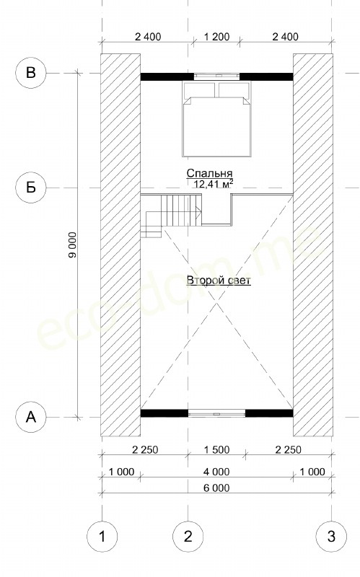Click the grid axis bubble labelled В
[x=31, y=73]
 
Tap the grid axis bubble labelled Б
[x=31, y=188]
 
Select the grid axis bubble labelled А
[x=31, y=418]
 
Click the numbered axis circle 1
[x=102, y=537]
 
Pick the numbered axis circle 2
[x=188, y=537]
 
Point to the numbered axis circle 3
[x=331, y=537]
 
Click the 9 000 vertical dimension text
[x=73, y=245]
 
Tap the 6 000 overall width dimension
[x=216, y=488]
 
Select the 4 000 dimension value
[x=216, y=472]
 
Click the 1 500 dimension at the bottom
[x=216, y=449]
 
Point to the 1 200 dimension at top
[x=216, y=37]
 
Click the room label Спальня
[x=209, y=173]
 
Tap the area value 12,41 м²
[x=214, y=183]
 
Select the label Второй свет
[x=219, y=281]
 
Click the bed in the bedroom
[x=217, y=119]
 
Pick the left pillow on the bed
[x=199, y=89]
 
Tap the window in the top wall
[x=216, y=76]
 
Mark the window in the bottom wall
[x=216, y=413]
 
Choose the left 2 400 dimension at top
[x=148, y=37]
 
